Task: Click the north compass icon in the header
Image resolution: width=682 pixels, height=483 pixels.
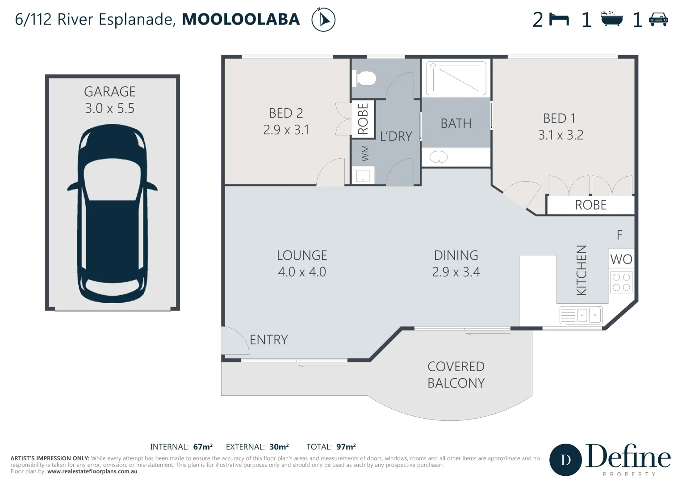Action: (x=323, y=20)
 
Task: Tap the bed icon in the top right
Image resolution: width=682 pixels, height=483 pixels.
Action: (x=559, y=20)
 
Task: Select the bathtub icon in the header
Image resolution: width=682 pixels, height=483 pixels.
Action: (x=611, y=19)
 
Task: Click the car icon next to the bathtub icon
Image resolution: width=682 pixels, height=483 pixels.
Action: (x=658, y=20)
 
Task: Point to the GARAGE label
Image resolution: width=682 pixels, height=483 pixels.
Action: (x=110, y=92)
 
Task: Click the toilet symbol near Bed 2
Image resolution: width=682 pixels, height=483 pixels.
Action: (x=364, y=79)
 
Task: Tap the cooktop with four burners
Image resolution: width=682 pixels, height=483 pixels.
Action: (x=621, y=282)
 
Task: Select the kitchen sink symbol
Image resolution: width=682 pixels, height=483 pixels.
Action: (x=581, y=315)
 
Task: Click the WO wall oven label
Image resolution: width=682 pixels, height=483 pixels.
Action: (x=621, y=259)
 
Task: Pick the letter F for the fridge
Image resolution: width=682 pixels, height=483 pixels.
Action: (x=619, y=235)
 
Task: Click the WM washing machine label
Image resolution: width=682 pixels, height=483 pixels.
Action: (x=365, y=153)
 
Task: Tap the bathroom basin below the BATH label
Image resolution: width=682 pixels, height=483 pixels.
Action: (x=438, y=157)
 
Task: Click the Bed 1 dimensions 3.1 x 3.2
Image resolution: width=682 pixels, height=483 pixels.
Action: (x=561, y=135)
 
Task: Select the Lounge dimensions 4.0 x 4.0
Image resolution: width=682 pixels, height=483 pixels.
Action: (x=302, y=272)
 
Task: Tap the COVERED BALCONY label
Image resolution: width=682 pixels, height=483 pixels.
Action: (x=456, y=375)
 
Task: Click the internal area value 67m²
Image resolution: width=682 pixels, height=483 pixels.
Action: (x=203, y=447)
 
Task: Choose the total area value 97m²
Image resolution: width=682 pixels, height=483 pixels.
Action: (x=346, y=447)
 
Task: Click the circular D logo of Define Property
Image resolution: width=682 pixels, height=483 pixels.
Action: (x=565, y=460)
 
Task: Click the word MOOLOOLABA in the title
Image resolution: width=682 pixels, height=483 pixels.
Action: (x=241, y=20)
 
